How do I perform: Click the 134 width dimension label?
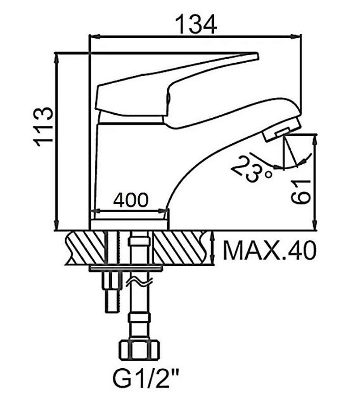(x=196, y=24)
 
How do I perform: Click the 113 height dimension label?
(x=43, y=126)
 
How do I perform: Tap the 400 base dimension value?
(x=131, y=200)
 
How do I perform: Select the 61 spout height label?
(x=301, y=192)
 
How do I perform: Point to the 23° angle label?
(x=252, y=169)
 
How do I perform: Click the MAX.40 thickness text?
(x=270, y=250)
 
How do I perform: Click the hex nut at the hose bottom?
(x=139, y=349)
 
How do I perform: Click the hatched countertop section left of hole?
(x=85, y=248)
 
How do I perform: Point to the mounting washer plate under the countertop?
(x=126, y=268)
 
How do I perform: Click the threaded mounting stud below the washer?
(x=112, y=291)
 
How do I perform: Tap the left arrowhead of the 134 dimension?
(x=95, y=37)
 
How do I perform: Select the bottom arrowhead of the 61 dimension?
(x=315, y=225)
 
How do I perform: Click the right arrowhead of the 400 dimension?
(x=163, y=211)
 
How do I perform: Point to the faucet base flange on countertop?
(x=129, y=224)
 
